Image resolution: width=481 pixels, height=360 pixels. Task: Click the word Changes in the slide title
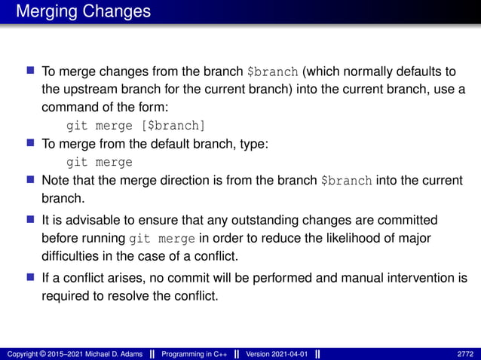tap(116, 12)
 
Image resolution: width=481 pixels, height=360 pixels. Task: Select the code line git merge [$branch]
tap(136, 125)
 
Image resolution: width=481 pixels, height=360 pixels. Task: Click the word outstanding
tap(283, 221)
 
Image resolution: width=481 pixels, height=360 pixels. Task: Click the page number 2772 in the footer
tap(465, 353)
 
